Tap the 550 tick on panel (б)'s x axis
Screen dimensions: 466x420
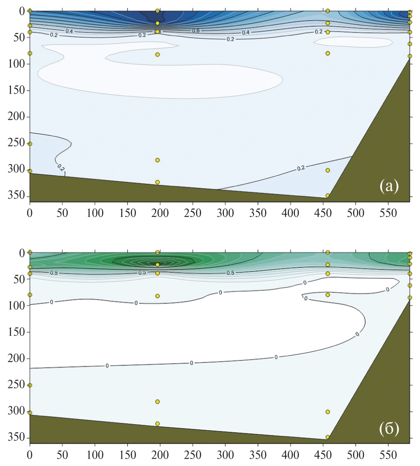click(388, 453)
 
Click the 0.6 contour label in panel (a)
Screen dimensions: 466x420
click(207, 31)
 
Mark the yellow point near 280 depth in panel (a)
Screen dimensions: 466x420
click(158, 160)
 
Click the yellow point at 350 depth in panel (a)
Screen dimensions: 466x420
click(328, 195)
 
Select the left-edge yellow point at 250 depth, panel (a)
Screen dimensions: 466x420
click(30, 144)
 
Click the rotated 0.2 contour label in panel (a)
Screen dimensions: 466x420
click(61, 167)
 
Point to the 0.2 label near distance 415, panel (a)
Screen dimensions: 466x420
click(301, 167)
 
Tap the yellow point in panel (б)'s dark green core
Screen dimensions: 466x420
click(158, 265)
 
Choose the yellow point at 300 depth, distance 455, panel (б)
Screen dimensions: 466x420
click(328, 411)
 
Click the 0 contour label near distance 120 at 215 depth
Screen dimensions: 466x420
click(107, 365)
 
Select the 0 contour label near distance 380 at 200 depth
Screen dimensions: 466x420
click(276, 357)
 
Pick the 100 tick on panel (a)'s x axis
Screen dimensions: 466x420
click(95, 212)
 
